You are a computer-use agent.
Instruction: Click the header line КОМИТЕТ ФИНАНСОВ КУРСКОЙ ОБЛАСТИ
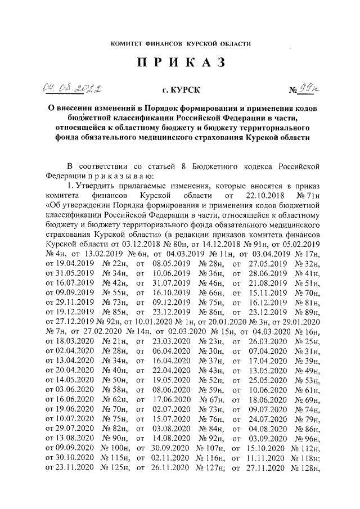pyautogui.click(x=180, y=43)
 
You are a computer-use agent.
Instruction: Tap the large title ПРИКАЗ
pyautogui.click(x=180, y=63)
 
